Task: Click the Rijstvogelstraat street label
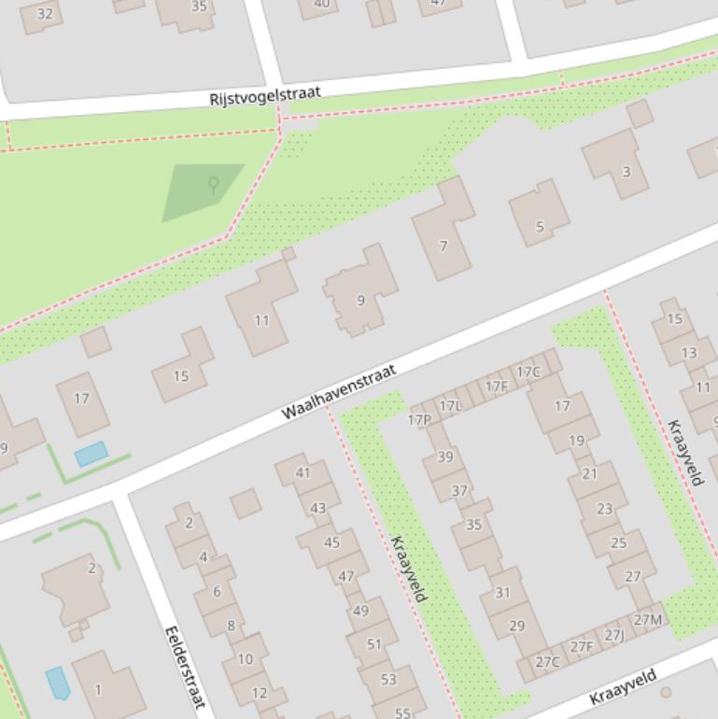tap(265, 95)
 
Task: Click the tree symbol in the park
tap(213, 184)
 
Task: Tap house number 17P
tap(419, 419)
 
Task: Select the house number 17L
tap(450, 405)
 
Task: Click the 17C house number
tap(528, 372)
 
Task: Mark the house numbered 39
tap(445, 457)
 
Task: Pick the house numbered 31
tap(502, 592)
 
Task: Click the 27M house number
tap(648, 619)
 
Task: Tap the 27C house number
tap(547, 662)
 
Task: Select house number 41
tap(303, 472)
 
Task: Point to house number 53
tap(388, 679)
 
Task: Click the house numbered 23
tap(605, 509)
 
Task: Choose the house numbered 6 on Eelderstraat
tap(217, 591)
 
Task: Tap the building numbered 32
tap(44, 13)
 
